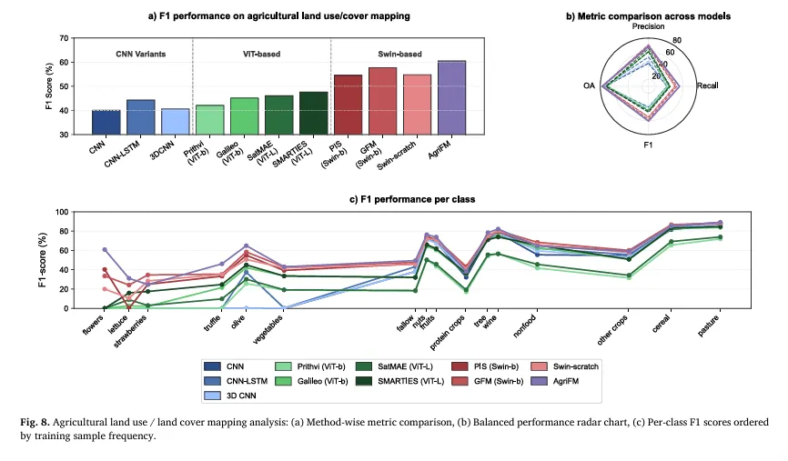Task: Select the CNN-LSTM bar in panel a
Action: coord(140,117)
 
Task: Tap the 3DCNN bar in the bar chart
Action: coord(175,122)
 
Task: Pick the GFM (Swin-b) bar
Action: coord(382,101)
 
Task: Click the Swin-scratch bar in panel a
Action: coord(417,105)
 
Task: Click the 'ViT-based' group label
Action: coord(261,54)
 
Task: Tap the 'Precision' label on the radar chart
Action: coord(648,27)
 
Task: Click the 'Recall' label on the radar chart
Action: coord(707,85)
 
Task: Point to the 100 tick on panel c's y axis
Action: coord(62,212)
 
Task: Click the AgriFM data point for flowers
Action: coord(106,249)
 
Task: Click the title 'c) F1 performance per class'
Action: coord(393,197)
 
